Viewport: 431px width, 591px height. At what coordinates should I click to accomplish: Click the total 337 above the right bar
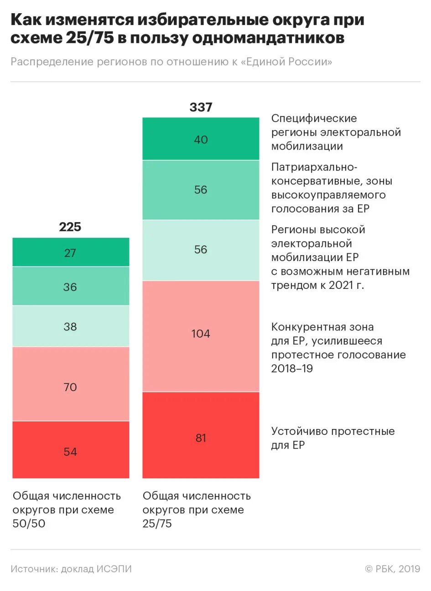pos(201,107)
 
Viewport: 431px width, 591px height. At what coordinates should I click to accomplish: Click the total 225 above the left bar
pos(70,227)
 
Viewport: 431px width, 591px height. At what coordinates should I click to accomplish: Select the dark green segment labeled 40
pos(201,139)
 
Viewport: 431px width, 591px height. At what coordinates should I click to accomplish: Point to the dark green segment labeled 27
pos(70,252)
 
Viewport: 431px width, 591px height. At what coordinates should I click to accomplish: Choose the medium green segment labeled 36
pos(70,286)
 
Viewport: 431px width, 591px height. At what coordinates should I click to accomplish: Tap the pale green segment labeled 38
pos(70,326)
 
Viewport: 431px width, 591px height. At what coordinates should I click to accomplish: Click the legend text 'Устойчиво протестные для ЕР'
pos(332,438)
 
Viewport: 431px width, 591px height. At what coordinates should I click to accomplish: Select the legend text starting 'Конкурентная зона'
pos(338,348)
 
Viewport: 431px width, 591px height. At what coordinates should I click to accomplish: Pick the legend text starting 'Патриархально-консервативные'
pos(331,188)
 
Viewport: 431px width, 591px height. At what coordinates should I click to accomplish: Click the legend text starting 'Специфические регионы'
pos(336,132)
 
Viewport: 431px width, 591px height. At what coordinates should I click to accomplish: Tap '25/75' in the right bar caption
pos(157,524)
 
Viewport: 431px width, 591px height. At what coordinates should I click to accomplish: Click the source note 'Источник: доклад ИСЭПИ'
pos(71,569)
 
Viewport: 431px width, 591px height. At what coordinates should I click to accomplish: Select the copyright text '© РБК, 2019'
pos(392,569)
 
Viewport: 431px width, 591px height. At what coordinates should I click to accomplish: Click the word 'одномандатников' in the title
pos(268,38)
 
